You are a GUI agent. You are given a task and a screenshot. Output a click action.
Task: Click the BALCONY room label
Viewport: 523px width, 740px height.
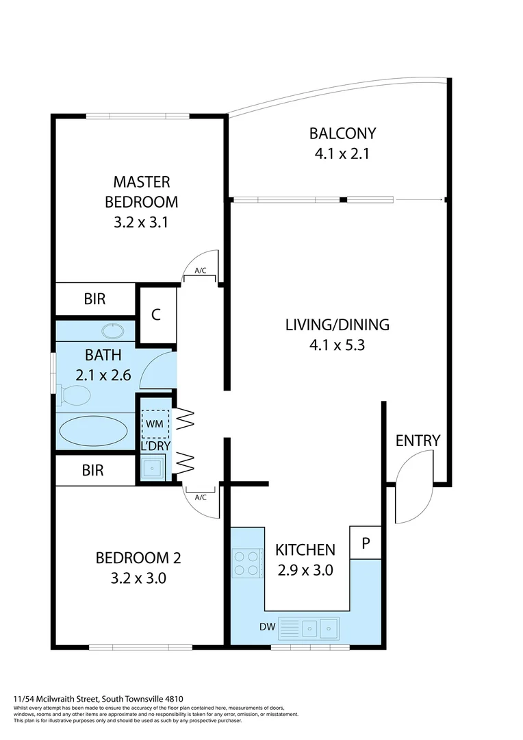342,133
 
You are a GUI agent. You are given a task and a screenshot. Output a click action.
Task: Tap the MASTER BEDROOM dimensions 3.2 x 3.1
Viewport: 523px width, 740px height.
141,222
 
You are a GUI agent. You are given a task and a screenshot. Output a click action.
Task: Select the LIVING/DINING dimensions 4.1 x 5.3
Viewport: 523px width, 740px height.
337,345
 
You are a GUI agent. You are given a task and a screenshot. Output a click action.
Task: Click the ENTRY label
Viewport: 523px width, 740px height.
418,441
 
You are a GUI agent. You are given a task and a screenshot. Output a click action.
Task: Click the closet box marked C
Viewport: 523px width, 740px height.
156,315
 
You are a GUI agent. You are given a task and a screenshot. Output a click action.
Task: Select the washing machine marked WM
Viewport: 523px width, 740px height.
154,424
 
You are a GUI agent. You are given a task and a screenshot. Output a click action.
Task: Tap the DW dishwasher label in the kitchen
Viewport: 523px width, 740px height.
268,626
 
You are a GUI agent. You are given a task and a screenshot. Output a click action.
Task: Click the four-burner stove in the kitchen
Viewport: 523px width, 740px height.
247,563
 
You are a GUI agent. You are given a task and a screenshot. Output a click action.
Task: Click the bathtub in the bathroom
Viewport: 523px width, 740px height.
93,432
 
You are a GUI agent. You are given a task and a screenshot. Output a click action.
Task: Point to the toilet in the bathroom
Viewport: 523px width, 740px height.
75,395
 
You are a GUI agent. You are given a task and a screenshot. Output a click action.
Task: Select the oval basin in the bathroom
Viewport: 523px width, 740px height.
113,332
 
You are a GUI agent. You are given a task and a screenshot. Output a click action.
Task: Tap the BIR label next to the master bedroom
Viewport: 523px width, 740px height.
95,299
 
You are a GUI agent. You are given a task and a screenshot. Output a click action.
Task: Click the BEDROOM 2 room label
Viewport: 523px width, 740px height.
139,558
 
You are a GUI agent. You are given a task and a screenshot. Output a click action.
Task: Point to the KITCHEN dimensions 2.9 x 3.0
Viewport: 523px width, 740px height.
305,569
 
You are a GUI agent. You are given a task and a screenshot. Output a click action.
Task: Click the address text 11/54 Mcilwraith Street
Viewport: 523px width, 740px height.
83,699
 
